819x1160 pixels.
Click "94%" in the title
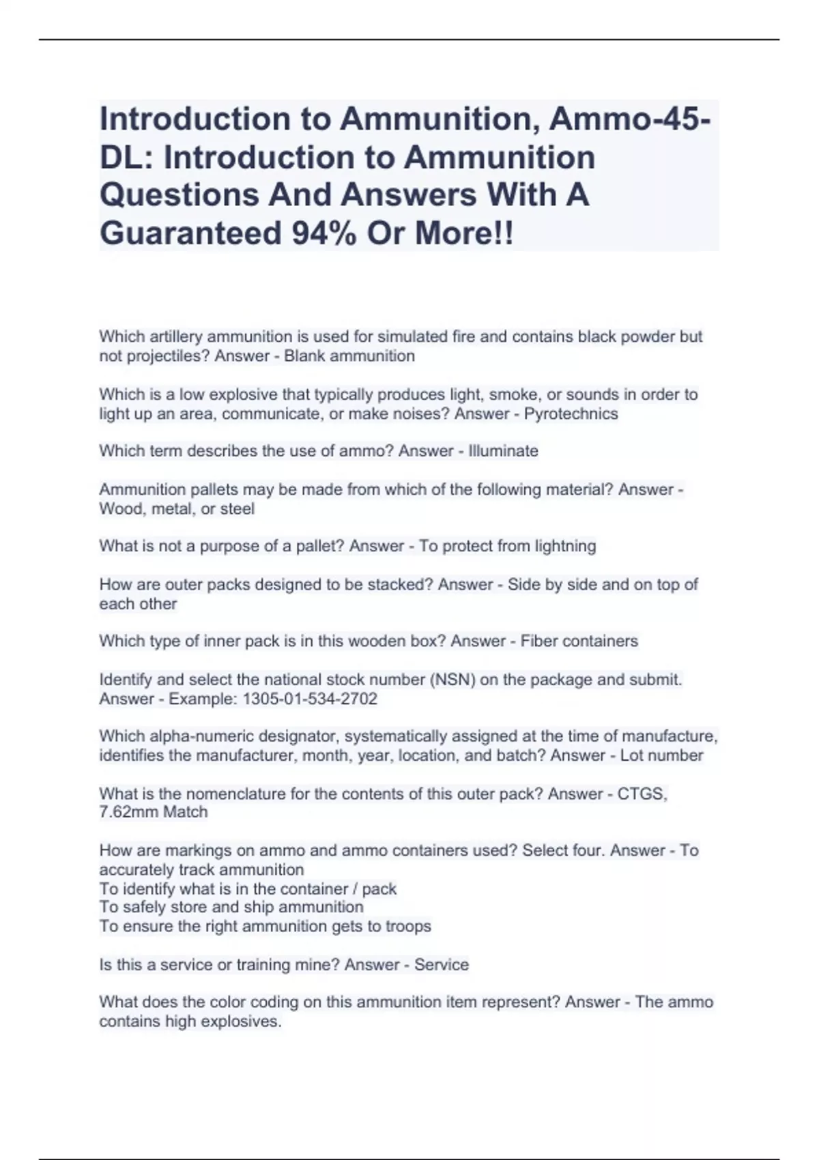pos(325,233)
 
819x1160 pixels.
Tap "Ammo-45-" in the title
pos(627,119)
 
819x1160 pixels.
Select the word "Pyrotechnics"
pos(571,414)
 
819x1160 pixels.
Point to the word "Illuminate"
pos(503,451)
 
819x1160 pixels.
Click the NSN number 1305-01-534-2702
pos(310,699)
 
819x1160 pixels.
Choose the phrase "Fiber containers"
pos(579,641)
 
